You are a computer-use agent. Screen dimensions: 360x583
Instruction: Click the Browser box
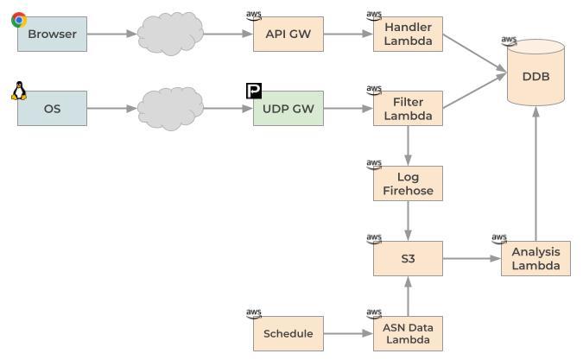52,35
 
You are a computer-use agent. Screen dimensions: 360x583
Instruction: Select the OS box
52,109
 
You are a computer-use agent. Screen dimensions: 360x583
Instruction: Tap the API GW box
288,35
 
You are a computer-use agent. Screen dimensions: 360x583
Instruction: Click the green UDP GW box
288,109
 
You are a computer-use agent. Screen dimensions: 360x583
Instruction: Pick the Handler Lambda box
408,35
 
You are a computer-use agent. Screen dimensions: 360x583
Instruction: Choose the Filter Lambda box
408,109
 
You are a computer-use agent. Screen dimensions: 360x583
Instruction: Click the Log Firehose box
408,184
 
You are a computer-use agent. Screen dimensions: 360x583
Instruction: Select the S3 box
408,258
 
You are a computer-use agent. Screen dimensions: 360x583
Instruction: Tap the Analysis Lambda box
535,258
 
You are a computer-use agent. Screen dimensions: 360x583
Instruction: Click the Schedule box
288,333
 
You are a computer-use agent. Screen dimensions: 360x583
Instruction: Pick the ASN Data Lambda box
408,333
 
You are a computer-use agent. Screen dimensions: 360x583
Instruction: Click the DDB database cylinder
535,75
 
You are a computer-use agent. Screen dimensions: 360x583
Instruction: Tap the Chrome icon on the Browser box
19,19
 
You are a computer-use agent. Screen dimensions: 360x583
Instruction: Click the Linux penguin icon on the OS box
19,91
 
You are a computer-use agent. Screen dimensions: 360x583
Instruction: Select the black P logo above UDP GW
254,91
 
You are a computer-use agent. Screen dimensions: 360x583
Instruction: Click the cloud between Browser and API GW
170,35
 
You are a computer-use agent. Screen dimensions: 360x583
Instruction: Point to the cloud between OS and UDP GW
170,109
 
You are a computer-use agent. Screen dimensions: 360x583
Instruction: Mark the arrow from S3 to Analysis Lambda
472,258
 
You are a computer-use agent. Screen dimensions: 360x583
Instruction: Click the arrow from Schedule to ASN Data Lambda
348,333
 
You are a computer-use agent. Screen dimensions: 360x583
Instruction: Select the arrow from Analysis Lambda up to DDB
535,173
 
